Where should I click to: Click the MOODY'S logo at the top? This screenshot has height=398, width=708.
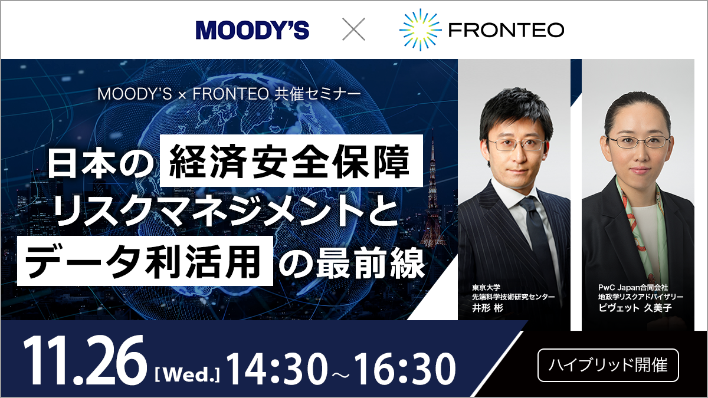(253, 29)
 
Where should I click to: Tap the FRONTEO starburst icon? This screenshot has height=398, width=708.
(419, 29)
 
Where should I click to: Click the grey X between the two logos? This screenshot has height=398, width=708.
(354, 29)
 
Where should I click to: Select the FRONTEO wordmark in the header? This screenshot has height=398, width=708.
(506, 29)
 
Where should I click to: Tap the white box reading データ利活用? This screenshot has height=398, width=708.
(145, 263)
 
